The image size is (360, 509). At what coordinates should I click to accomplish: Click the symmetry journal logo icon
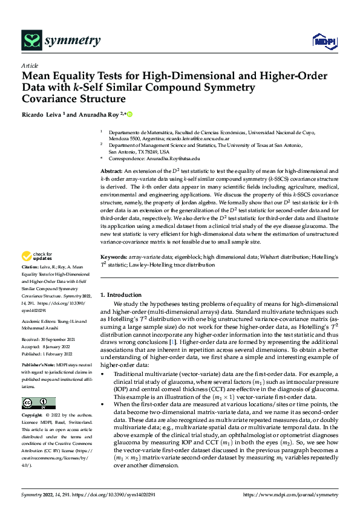(x=31, y=41)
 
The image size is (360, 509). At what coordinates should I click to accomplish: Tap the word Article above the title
(x=30, y=65)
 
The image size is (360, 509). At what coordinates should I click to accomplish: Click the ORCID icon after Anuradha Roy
(x=129, y=114)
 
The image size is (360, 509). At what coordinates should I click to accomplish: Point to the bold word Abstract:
(x=113, y=172)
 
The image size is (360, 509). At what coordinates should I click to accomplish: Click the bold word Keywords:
(x=115, y=257)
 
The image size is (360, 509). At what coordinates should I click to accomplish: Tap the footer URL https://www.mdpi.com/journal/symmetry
(x=291, y=494)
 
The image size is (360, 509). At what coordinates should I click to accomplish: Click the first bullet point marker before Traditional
(x=102, y=375)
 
